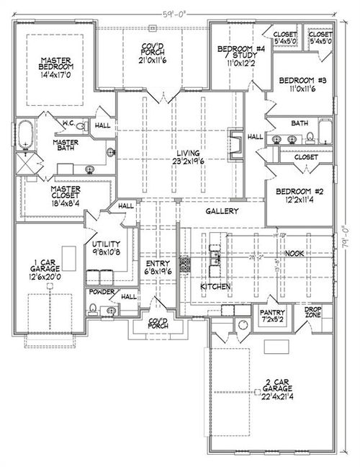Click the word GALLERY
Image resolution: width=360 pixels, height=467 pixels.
[221, 211]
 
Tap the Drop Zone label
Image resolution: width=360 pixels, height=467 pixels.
[312, 313]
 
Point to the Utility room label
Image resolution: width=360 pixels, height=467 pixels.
[105, 249]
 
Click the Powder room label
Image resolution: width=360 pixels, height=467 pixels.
[99, 293]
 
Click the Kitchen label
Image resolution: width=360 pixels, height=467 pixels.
[216, 287]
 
